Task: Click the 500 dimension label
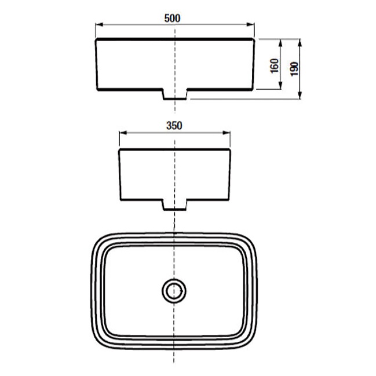pyautogui.click(x=172, y=18)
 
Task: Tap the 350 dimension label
pyautogui.click(x=174, y=126)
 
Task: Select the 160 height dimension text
pyautogui.click(x=275, y=65)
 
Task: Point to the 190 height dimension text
pyautogui.click(x=294, y=69)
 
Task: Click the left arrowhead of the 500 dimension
pyautogui.click(x=99, y=24)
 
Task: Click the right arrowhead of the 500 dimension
pyautogui.click(x=250, y=24)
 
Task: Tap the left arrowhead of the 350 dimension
pyautogui.click(x=123, y=133)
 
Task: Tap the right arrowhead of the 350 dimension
pyautogui.click(x=227, y=133)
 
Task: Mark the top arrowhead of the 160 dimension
pyautogui.click(x=280, y=43)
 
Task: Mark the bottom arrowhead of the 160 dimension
pyautogui.click(x=280, y=85)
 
